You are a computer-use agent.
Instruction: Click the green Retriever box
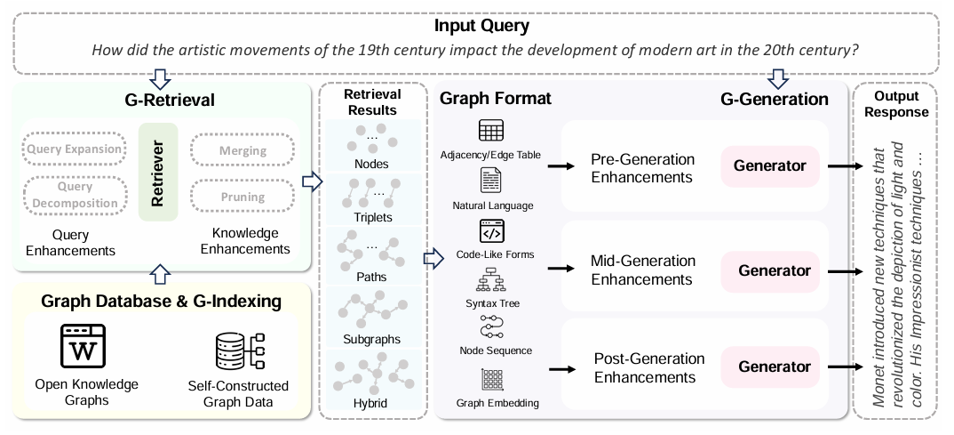158,172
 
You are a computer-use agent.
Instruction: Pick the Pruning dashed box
242,196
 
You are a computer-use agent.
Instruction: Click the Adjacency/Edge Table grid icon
491,131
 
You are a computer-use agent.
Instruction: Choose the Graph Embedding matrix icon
491,380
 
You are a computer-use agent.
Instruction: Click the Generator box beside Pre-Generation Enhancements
770,165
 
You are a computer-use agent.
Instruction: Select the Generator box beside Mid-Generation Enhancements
775,270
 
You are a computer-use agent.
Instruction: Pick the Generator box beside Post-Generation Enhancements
775,367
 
